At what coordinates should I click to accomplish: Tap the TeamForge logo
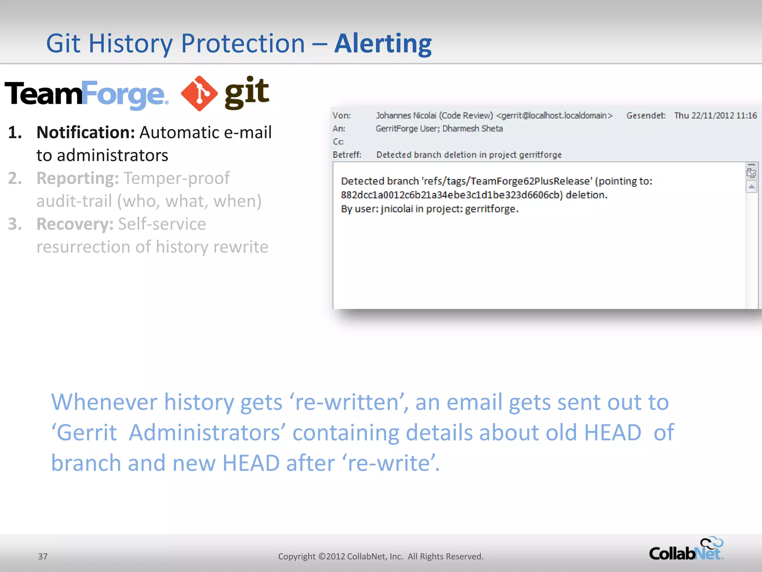tap(86, 94)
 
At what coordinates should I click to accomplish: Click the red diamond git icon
tap(199, 93)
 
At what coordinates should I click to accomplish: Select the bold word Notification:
tap(86, 133)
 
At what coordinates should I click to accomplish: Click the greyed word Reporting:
tap(77, 178)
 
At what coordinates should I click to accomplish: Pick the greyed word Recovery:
tap(75, 224)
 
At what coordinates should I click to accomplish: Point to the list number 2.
tap(15, 178)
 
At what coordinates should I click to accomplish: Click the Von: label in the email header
tap(341, 115)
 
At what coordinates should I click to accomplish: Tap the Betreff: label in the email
tap(347, 155)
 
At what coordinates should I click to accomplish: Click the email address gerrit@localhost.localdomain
tap(554, 115)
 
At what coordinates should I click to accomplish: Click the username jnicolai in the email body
tap(397, 209)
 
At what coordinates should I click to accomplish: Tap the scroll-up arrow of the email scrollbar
tap(751, 187)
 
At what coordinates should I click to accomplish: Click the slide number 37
tap(43, 556)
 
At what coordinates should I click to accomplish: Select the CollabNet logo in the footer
tap(686, 550)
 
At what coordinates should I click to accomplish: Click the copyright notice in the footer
tap(381, 556)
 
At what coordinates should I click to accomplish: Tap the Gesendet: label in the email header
tap(646, 115)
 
